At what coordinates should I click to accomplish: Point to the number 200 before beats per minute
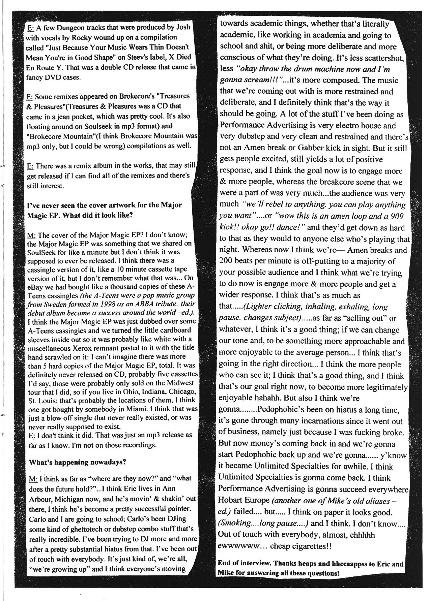pos(227,261)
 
